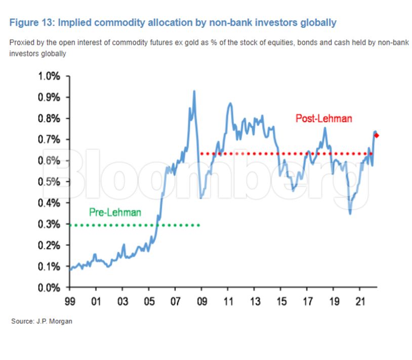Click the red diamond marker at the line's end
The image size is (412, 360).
click(x=377, y=135)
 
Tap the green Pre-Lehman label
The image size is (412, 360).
click(x=115, y=212)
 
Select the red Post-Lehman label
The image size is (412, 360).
click(x=323, y=119)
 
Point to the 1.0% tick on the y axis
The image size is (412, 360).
click(x=49, y=76)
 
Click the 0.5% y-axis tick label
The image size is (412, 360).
click(x=49, y=182)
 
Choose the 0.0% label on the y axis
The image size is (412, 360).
click(x=49, y=288)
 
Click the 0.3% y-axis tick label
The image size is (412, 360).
click(x=49, y=224)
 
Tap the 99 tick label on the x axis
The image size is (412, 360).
click(x=70, y=302)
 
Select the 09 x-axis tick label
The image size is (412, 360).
click(x=201, y=302)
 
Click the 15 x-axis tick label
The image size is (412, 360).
click(x=280, y=302)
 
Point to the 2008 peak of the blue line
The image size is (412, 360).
click(x=194, y=92)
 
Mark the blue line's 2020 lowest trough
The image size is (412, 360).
click(x=350, y=213)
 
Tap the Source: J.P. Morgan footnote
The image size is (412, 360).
click(x=42, y=322)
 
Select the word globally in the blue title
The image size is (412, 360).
click(x=318, y=23)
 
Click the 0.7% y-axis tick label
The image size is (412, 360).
click(x=49, y=140)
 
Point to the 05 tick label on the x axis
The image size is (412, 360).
click(x=149, y=302)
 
